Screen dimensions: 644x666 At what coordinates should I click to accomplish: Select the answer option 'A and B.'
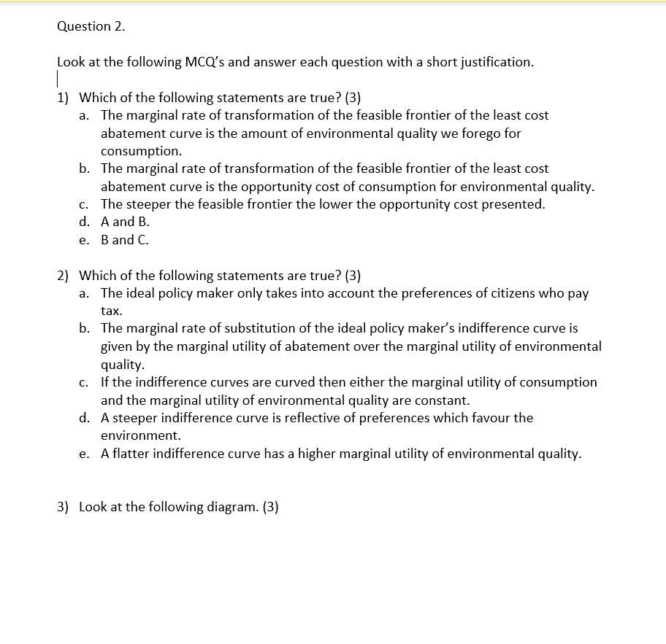[125, 222]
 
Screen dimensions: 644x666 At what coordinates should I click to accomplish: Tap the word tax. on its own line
[112, 311]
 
